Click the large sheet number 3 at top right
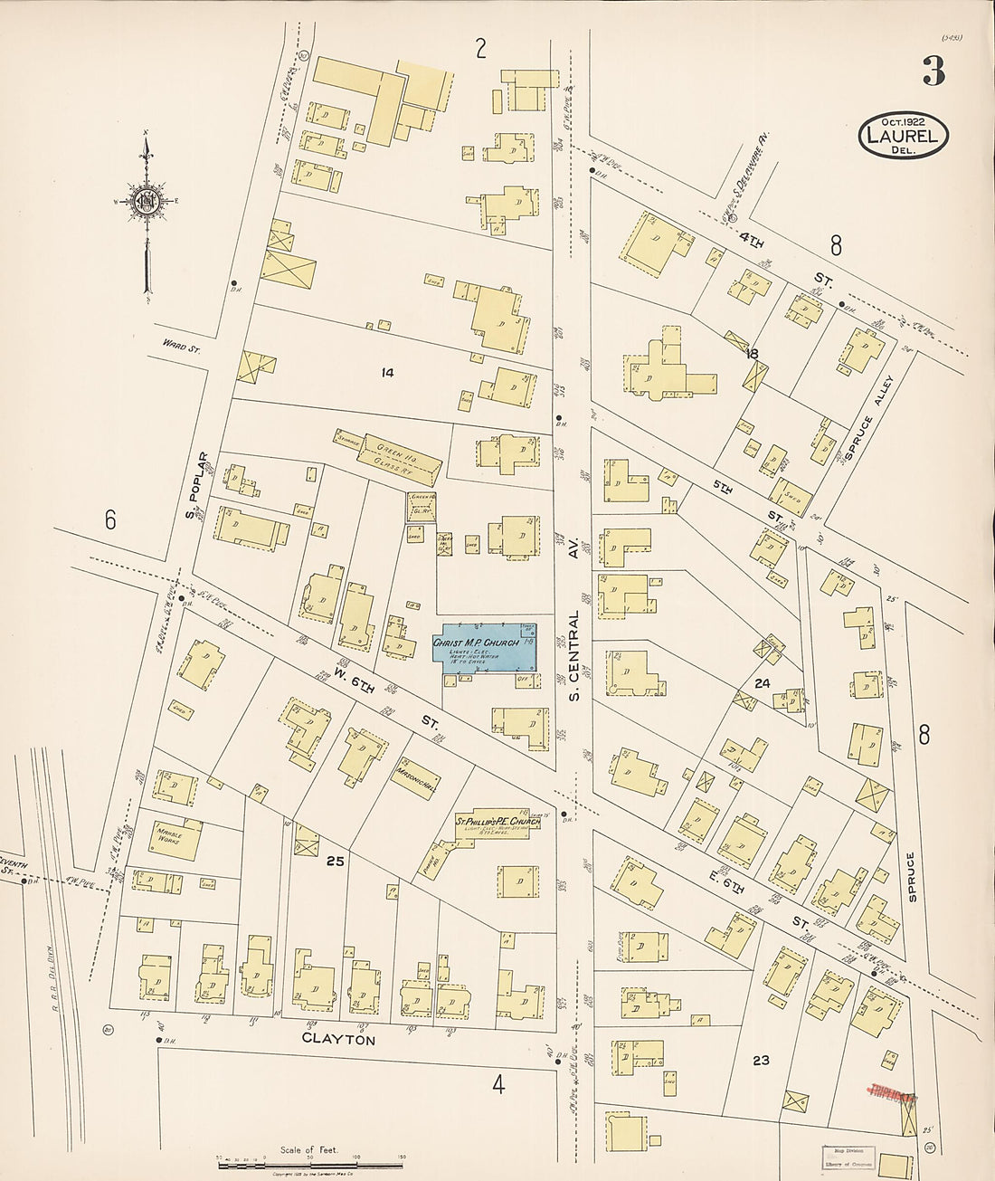coord(933,71)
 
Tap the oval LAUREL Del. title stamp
coord(903,136)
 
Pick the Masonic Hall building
coord(416,779)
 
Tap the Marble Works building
coord(175,838)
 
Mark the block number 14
coord(387,372)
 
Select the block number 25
coord(335,861)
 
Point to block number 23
coord(761,1060)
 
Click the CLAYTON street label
coord(338,1041)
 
